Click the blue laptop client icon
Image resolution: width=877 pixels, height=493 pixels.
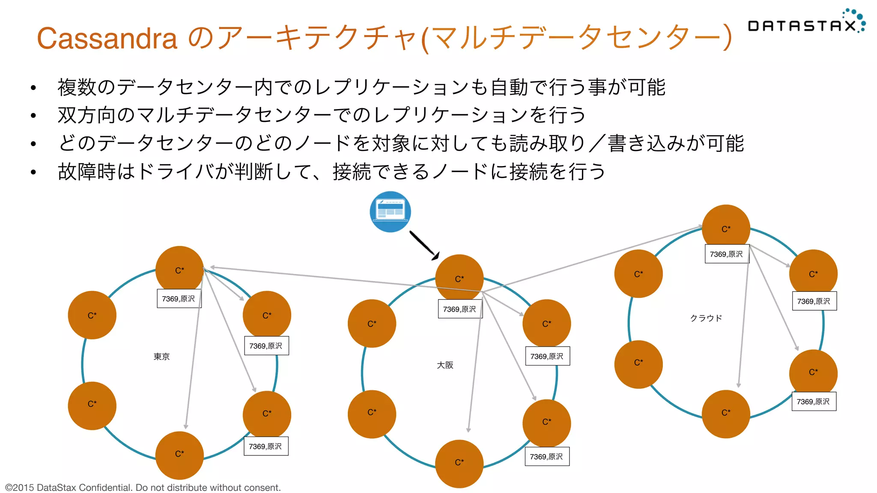pos(390,212)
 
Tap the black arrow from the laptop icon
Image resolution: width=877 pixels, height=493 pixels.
pos(423,245)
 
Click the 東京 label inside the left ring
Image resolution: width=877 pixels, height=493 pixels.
pos(161,356)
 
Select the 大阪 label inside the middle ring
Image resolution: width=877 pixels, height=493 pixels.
pos(445,365)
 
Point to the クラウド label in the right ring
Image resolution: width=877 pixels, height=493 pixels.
pos(706,318)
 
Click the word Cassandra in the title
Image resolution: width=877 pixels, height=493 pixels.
pos(107,39)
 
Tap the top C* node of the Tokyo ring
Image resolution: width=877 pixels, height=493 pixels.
pos(179,270)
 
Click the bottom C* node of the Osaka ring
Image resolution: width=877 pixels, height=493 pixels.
pos(459,463)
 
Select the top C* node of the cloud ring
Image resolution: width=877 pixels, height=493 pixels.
pos(726,229)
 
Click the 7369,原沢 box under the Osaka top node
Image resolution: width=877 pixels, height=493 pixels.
pos(460,309)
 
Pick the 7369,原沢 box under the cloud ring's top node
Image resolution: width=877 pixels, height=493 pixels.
pos(727,254)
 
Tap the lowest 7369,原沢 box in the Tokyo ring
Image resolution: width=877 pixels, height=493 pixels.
pos(266,446)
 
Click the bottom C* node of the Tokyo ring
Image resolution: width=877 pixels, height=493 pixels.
pos(179,454)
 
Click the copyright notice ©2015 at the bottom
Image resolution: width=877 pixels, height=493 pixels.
pos(143,487)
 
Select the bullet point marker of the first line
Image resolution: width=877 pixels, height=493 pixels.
pos(33,88)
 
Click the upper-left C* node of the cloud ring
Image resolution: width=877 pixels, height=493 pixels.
pos(638,274)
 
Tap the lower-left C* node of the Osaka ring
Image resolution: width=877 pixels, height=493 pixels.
pos(372,413)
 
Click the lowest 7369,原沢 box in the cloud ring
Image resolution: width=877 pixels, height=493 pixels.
pos(814,401)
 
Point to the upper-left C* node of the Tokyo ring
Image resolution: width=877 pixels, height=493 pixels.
pos(92,315)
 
